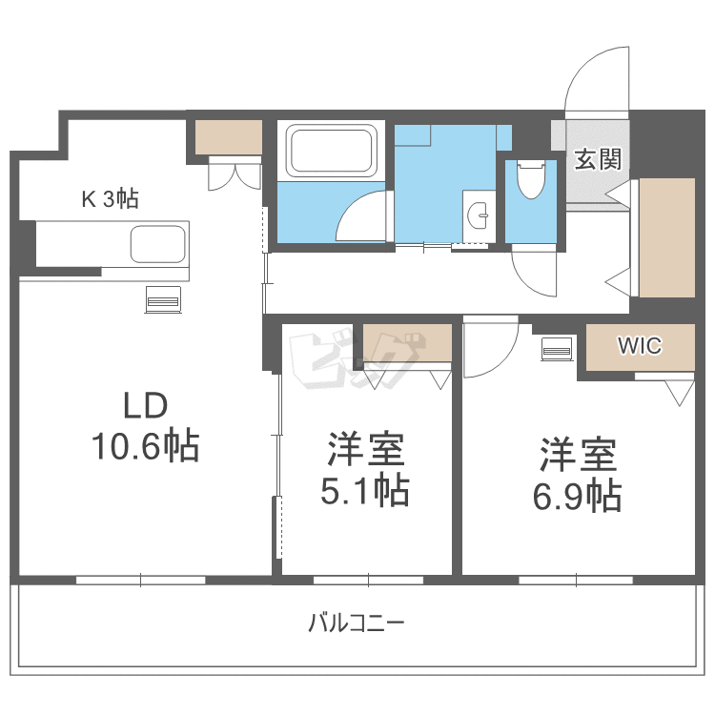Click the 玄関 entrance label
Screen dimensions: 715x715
coord(598,159)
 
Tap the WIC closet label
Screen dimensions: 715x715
coord(640,345)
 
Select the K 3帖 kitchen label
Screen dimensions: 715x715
coord(110,199)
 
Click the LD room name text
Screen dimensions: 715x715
coord(146,406)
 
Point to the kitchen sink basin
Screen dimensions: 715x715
coord(157,245)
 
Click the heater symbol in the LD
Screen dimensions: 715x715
coord(162,298)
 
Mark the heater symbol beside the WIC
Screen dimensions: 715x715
coord(556,349)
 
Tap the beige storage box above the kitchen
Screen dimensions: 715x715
coord(229,137)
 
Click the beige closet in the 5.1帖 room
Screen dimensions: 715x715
coord(407,343)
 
